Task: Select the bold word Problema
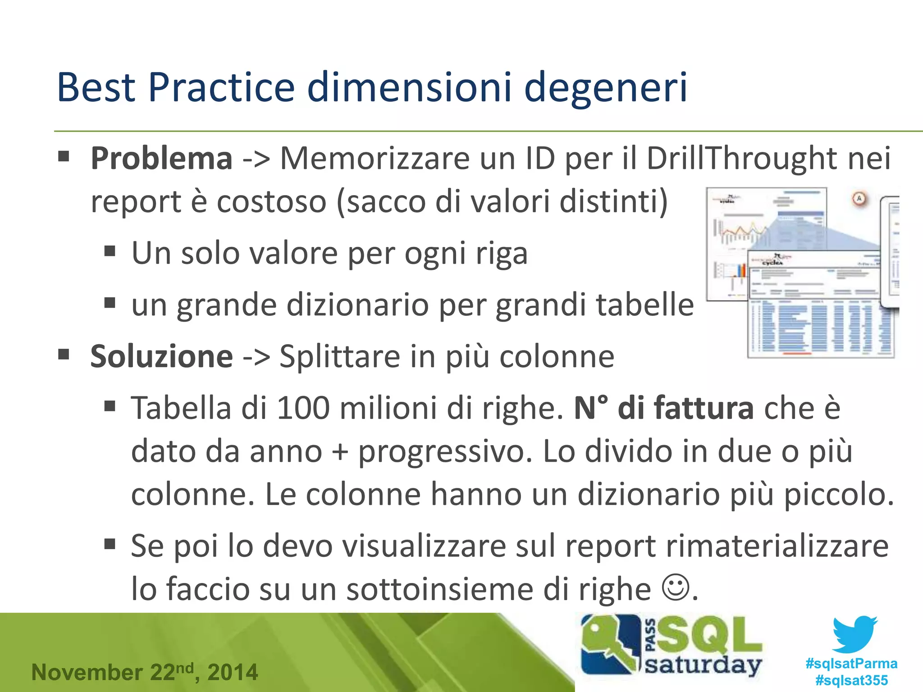point(161,159)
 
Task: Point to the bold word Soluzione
point(161,356)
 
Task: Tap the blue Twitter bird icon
point(854,634)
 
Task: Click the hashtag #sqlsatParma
point(851,664)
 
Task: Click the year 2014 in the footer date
point(233,672)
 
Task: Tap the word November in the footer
point(87,672)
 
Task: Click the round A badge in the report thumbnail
point(859,199)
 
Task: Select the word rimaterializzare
point(777,546)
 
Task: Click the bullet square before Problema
point(64,157)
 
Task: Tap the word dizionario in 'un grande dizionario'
point(358,305)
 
